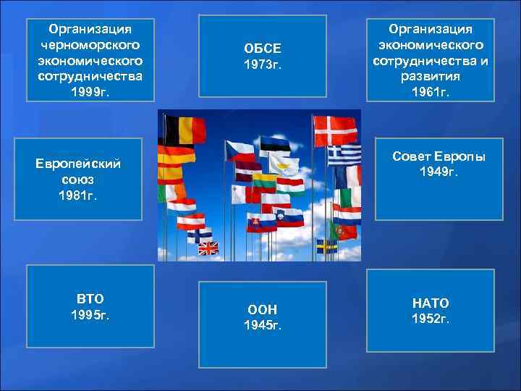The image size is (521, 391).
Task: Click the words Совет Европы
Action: (x=439, y=157)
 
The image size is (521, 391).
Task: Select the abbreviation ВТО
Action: (x=90, y=298)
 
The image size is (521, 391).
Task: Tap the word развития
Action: (x=430, y=75)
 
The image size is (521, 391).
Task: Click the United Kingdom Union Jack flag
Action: (x=208, y=248)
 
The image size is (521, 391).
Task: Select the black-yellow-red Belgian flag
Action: (x=185, y=130)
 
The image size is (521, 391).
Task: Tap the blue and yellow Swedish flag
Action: (x=326, y=246)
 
